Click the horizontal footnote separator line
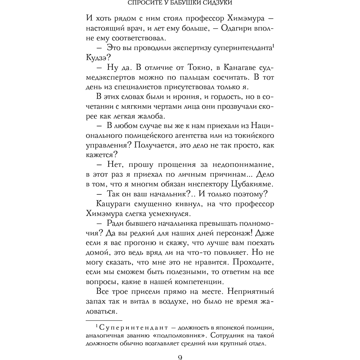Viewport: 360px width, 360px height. pyautogui.click(x=104, y=320)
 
